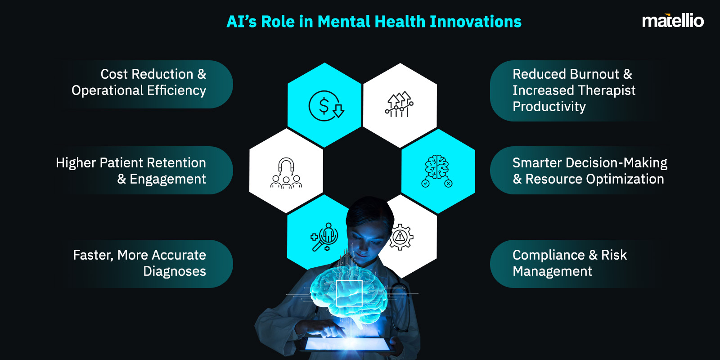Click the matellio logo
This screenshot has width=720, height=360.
click(x=672, y=21)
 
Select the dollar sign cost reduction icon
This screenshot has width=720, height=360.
click(x=325, y=106)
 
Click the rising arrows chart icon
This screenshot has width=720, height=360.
click(x=399, y=105)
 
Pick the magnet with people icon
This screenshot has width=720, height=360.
click(x=286, y=173)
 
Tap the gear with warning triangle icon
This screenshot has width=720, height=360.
click(x=400, y=237)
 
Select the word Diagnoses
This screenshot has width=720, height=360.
click(x=175, y=271)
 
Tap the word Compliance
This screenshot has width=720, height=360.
click(x=549, y=255)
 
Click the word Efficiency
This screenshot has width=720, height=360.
click(x=176, y=90)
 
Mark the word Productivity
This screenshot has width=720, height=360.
click(x=549, y=107)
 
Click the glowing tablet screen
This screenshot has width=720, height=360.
click(x=347, y=344)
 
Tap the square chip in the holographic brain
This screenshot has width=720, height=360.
click(x=349, y=292)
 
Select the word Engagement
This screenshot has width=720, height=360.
click(x=167, y=179)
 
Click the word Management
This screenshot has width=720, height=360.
click(x=552, y=271)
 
